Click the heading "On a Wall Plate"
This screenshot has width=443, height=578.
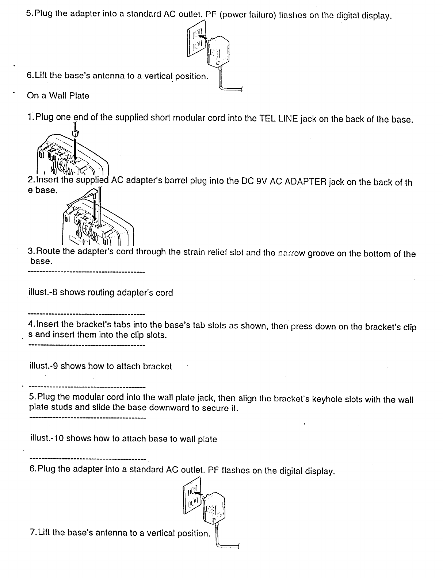pos(58,96)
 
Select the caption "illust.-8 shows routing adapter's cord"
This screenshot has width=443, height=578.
pos(101,293)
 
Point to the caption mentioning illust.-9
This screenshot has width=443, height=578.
pos(100,366)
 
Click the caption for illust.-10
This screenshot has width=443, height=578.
pos(123,439)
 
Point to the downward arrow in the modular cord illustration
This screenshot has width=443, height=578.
pos(76,150)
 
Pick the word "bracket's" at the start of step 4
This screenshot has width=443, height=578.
pos(95,324)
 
